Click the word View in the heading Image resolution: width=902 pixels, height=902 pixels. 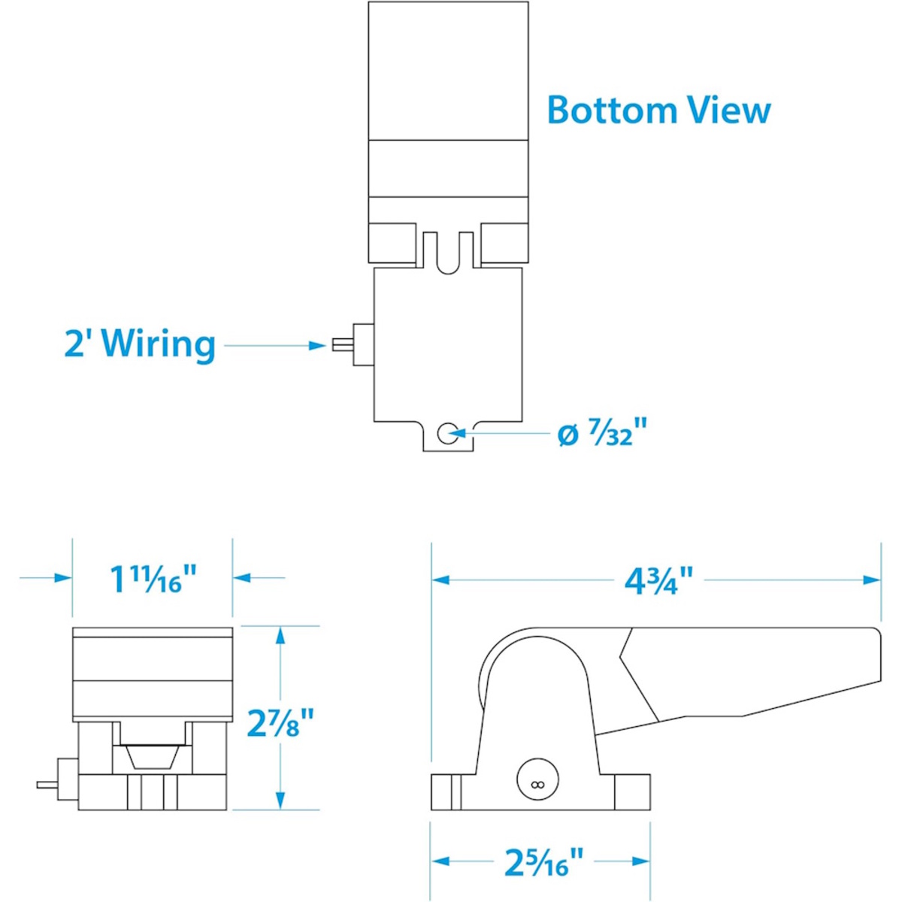pos(725,110)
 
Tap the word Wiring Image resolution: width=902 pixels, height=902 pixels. pos(159,345)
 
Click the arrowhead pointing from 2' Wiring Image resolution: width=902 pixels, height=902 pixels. pos(317,346)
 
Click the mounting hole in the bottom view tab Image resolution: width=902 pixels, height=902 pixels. pos(448,432)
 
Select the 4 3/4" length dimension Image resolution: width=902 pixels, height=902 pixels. pos(658,580)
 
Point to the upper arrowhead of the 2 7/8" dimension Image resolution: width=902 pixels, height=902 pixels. pos(280,639)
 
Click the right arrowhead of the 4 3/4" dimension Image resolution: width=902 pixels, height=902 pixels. pos(871,580)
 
